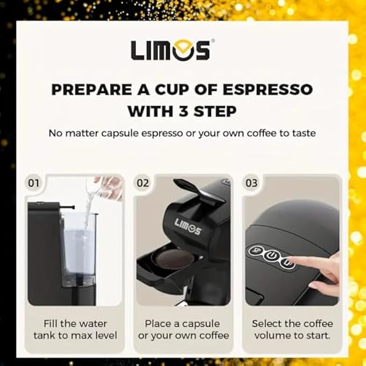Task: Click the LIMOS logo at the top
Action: pos(170,50)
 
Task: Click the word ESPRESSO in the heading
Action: pos(267,89)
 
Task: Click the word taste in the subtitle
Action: pos(300,133)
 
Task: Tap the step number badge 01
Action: pos(34,183)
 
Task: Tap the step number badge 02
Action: pos(143,183)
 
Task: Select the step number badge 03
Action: pos(251,183)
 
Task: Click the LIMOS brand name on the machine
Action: pos(187,227)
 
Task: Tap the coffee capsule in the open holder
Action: pos(172,259)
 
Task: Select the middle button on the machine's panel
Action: pos(273,257)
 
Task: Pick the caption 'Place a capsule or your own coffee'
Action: pos(183,329)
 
